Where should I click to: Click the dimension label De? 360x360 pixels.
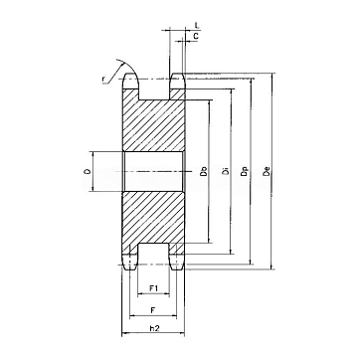268,171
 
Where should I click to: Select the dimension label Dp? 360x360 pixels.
245,171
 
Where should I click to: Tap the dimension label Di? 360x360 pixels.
226,171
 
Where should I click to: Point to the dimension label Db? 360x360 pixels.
205,171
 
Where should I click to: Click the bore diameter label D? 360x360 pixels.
88,172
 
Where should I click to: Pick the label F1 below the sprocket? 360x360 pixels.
153,288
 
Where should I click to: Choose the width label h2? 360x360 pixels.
153,328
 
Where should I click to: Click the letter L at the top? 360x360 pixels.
196,25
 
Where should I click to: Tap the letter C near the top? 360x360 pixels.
196,36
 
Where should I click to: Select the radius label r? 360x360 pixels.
103,79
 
